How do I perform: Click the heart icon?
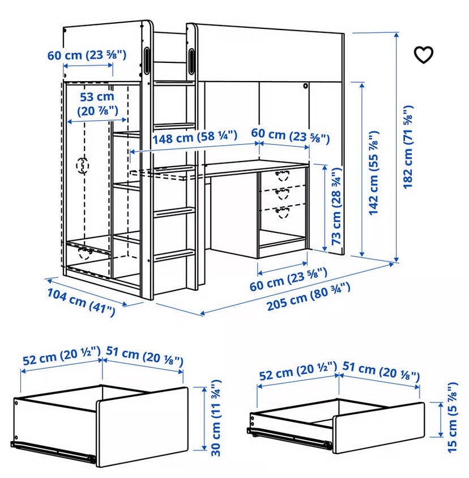coord(423,55)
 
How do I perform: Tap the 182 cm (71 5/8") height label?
coord(408,147)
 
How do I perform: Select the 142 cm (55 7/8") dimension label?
coord(374,173)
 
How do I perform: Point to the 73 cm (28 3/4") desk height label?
coord(336,206)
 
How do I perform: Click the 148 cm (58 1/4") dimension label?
coord(195,137)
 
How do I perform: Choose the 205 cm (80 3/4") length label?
coord(308,297)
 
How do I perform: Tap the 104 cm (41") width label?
coord(82,302)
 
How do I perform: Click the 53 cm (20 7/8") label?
coord(97,104)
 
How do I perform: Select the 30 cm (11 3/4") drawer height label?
coord(216,418)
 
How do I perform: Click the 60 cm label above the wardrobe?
coord(87,55)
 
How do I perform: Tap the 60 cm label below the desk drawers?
coord(288,279)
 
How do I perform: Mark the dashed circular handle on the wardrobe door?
coord(82,166)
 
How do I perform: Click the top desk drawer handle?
coord(282,176)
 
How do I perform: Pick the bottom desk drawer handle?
coord(282,212)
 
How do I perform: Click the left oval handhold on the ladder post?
coord(147,60)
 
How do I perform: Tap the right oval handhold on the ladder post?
coord(192,61)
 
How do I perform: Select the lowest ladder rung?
coord(174,255)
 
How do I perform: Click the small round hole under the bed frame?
coord(305,86)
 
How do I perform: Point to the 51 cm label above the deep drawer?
coord(144,356)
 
